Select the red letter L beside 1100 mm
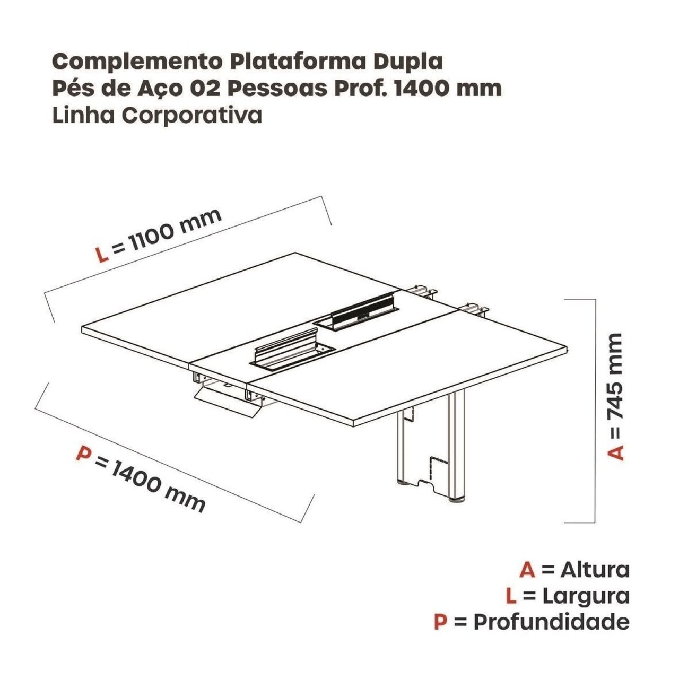102,255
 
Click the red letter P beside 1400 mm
83,453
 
